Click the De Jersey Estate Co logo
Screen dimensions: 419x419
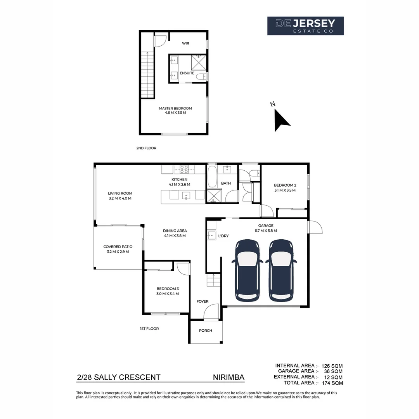pyautogui.click(x=305, y=26)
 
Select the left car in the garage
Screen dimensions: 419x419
pyautogui.click(x=246, y=270)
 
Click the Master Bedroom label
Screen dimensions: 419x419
pyautogui.click(x=175, y=109)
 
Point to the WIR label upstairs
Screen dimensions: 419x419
pyautogui.click(x=185, y=44)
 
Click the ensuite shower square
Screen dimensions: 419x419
pyautogui.click(x=199, y=62)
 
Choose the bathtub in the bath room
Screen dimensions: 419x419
pyautogui.click(x=212, y=177)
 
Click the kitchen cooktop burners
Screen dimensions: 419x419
pyautogui.click(x=184, y=169)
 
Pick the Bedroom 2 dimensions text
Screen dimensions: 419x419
pyautogui.click(x=285, y=190)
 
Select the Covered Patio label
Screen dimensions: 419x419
pyautogui.click(x=118, y=247)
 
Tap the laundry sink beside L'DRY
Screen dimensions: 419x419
pyautogui.click(x=212, y=235)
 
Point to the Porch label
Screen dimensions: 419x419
pyautogui.click(x=206, y=331)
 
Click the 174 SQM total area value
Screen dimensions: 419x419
pyautogui.click(x=332, y=383)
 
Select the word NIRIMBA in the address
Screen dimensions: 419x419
pyautogui.click(x=229, y=377)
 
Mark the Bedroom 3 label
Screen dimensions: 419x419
pyautogui.click(x=168, y=289)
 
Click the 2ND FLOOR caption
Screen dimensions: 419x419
pyautogui.click(x=146, y=148)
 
